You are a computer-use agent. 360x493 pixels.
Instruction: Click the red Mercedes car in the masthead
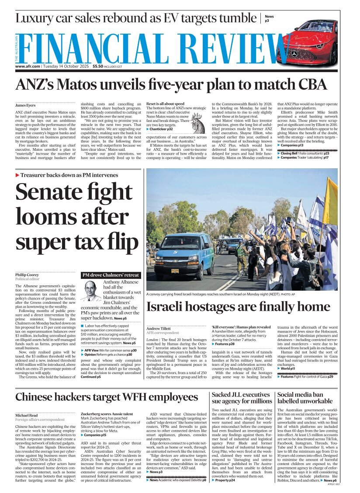308,43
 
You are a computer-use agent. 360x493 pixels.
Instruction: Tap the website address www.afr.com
28,66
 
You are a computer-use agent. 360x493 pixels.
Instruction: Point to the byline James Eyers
26,105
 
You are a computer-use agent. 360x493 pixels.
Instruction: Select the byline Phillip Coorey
28,275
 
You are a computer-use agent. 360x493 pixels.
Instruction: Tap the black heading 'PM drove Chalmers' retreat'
111,275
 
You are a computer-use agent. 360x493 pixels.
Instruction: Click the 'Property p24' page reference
225,480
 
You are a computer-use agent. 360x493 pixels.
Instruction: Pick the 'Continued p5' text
90,376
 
